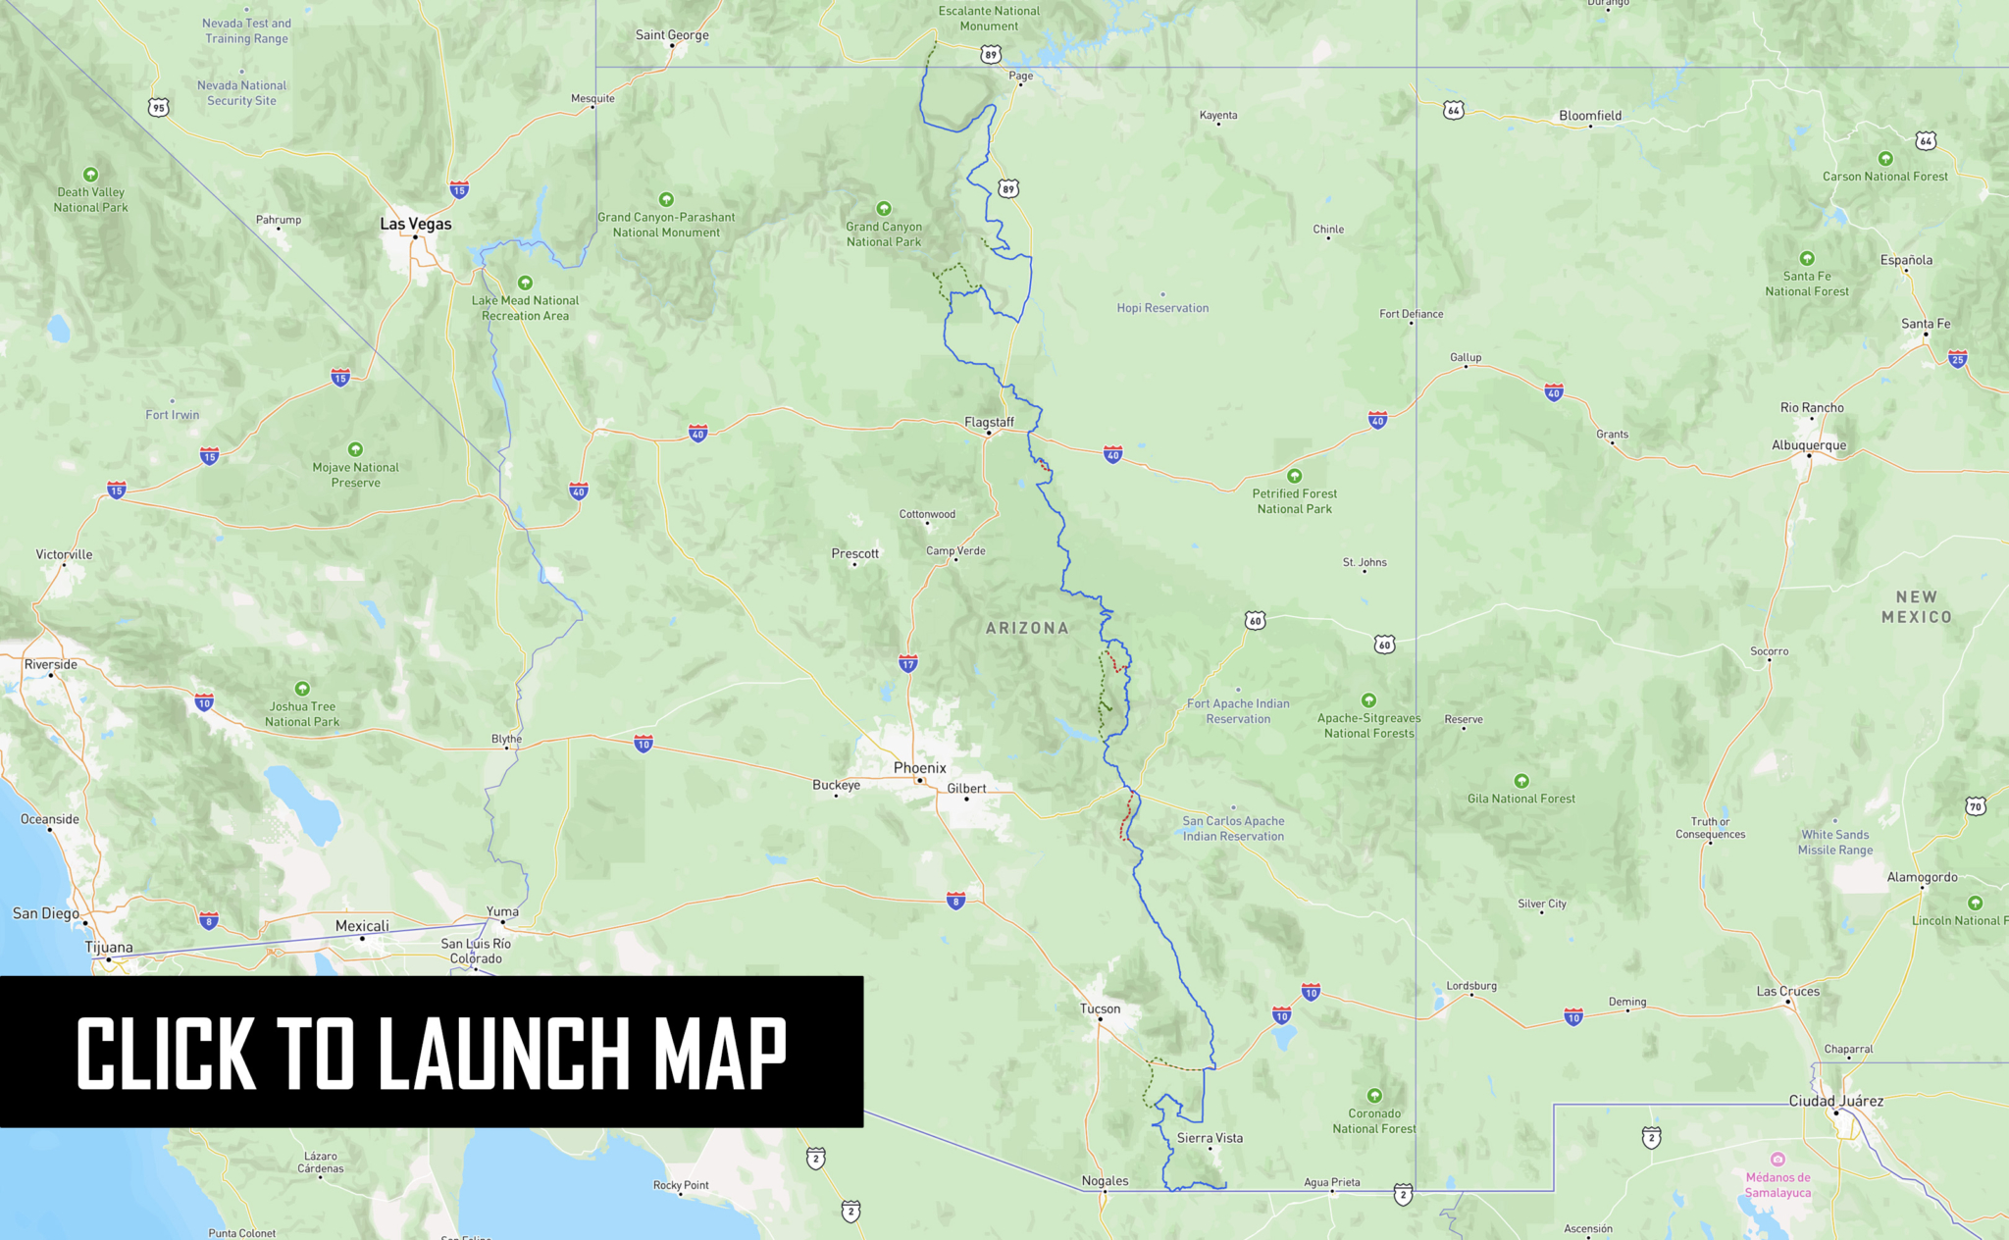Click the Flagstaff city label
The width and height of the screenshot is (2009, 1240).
tap(989, 422)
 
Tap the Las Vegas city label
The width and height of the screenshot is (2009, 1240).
tap(416, 224)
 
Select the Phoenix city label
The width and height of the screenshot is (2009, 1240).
tap(920, 768)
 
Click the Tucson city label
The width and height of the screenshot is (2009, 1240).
tap(1100, 1008)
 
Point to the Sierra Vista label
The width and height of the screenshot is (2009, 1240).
tap(1210, 1138)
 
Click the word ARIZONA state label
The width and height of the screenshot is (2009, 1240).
tap(1027, 628)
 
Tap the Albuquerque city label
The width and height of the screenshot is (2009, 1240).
tap(1809, 445)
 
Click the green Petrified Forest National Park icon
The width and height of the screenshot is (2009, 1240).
tap(1295, 476)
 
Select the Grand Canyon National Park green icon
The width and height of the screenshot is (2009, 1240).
tap(884, 209)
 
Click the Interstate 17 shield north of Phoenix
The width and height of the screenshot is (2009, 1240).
tap(908, 664)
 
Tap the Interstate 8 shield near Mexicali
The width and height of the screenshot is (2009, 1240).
tap(208, 920)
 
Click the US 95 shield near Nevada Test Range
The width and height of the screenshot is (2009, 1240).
tap(159, 107)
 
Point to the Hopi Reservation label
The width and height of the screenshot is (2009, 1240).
tap(1162, 308)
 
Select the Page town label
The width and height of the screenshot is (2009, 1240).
tap(1020, 76)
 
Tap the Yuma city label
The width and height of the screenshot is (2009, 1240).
tap(502, 911)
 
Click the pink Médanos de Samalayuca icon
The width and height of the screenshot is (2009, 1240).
tap(1777, 1160)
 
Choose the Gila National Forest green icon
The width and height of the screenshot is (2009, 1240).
tap(1521, 781)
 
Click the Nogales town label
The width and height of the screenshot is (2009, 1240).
tap(1105, 1181)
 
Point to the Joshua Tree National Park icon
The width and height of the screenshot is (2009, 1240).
tap(302, 689)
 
